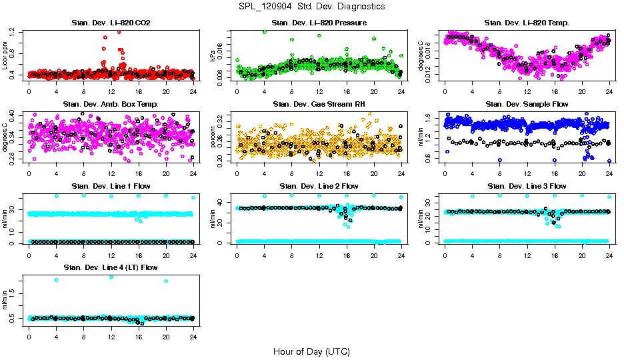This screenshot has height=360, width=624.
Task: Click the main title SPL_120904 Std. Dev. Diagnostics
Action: pyautogui.click(x=311, y=6)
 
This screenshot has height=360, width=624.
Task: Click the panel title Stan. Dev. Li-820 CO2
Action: pyautogui.click(x=111, y=23)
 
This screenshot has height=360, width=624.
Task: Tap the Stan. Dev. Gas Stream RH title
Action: pyautogui.click(x=319, y=104)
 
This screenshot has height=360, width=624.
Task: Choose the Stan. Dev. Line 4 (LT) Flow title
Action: pyautogui.click(x=111, y=267)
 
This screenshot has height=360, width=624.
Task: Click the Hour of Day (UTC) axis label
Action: pyautogui.click(x=311, y=351)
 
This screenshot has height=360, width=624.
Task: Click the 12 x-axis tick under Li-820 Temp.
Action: pyautogui.click(x=527, y=91)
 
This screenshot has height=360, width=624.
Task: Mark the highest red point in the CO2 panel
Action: pyautogui.click(x=119, y=31)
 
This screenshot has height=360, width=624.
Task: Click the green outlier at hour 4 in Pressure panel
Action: pyautogui.click(x=265, y=31)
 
